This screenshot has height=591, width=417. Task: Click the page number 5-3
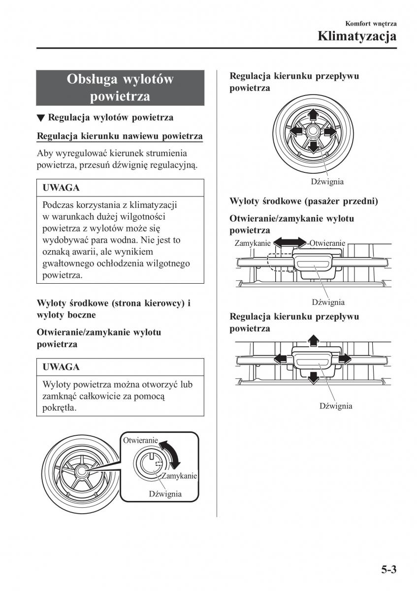click(x=388, y=570)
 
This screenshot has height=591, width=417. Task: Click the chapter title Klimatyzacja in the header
click(x=357, y=36)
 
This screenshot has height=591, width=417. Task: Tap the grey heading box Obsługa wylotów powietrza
click(x=120, y=88)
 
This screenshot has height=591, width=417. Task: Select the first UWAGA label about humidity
click(x=61, y=188)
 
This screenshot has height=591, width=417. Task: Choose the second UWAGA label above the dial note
click(x=61, y=367)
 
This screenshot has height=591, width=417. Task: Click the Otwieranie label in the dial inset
click(x=140, y=440)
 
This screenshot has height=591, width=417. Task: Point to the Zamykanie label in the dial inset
click(x=179, y=476)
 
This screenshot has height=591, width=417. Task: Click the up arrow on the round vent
click(x=312, y=115)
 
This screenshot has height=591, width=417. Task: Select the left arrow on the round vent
click(x=296, y=131)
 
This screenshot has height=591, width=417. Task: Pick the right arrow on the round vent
click(x=329, y=131)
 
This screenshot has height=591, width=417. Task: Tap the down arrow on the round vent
click(x=312, y=147)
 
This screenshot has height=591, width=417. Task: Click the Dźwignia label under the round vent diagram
click(x=327, y=181)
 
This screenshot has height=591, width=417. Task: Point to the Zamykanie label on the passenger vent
click(x=252, y=243)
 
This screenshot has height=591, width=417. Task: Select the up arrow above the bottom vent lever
click(x=312, y=339)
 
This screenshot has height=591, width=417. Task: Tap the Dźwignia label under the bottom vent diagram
click(x=336, y=406)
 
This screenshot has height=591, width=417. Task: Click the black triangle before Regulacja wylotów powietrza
click(x=41, y=118)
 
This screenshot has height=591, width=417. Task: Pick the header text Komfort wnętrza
click(x=371, y=23)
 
